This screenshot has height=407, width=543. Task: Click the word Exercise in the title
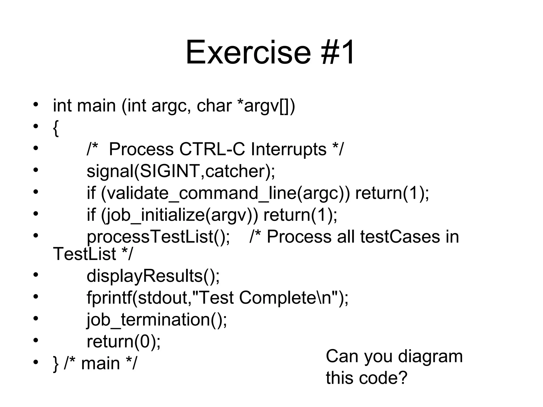coord(248,52)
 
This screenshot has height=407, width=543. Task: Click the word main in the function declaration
coord(96,106)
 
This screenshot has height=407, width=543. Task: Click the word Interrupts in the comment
coord(288,149)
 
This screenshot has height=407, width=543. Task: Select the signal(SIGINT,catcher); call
coord(181,171)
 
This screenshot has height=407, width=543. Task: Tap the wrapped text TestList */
coord(92,254)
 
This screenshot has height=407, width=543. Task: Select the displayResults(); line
coord(153,276)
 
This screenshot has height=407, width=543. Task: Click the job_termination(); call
coord(157,320)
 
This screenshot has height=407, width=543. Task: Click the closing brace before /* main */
coord(56,364)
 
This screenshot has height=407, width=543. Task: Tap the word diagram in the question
coord(430,356)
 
